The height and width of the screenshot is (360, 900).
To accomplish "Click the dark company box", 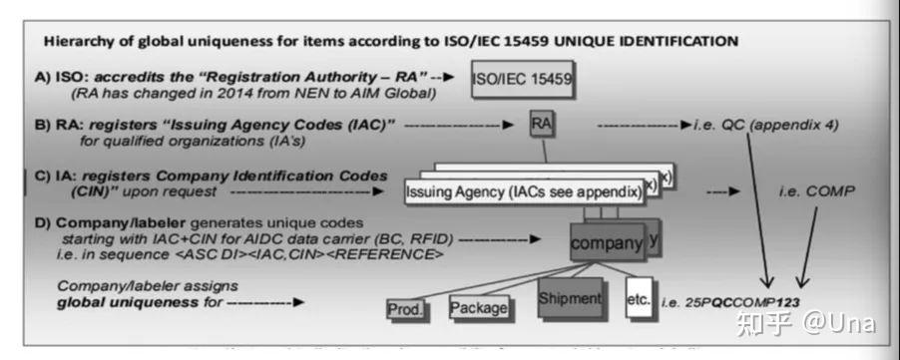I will click(606, 241).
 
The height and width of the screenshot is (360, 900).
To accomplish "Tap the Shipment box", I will click(569, 298).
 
